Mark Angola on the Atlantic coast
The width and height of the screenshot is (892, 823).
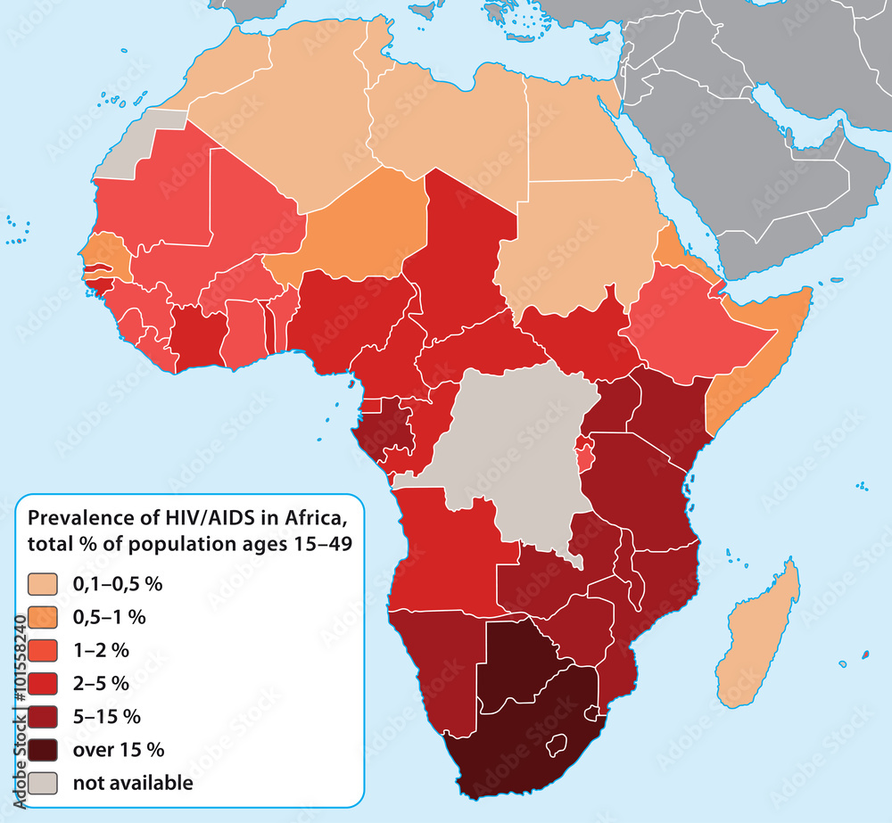point(446,553)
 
